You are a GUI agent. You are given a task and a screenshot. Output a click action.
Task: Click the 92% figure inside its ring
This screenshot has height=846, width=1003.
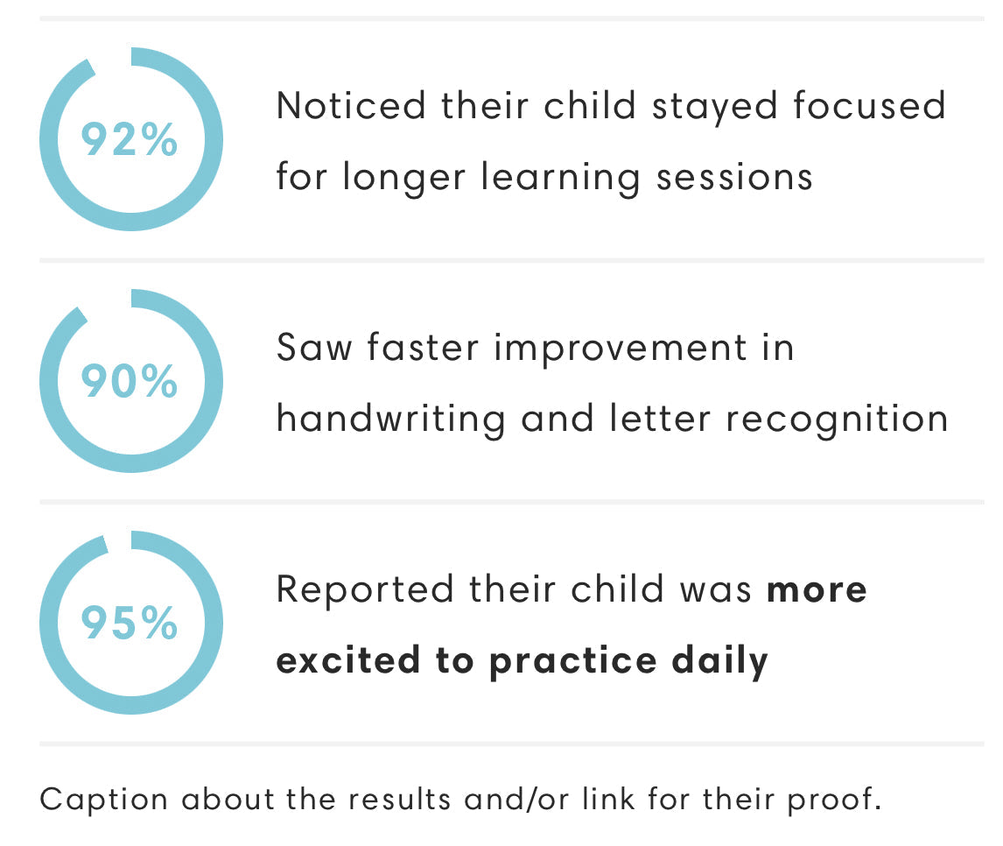tap(130, 139)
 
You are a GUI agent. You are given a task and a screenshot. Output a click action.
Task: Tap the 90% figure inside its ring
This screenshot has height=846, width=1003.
tap(130, 382)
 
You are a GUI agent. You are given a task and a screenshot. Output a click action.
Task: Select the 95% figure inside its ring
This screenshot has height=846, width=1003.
tap(130, 623)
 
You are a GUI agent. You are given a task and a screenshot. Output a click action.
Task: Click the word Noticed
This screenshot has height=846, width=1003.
tap(351, 106)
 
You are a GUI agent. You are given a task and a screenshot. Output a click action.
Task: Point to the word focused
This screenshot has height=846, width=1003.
tap(869, 105)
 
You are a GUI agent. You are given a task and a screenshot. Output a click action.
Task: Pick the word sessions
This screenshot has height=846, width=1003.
tap(734, 177)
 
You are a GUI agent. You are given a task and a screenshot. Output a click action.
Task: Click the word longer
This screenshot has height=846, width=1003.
tap(404, 178)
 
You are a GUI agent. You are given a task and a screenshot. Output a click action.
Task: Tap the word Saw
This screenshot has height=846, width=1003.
tap(314, 348)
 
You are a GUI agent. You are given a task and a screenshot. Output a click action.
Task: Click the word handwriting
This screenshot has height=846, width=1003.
tap(391, 420)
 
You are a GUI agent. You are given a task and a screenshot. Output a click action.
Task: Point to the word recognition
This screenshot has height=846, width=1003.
tap(837, 420)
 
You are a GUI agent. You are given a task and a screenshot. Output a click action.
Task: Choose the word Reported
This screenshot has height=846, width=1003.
tap(365, 590)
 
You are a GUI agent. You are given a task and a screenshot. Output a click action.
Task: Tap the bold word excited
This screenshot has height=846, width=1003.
tap(348, 660)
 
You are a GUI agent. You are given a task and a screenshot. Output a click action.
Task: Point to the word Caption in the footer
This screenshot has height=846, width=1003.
tap(103, 800)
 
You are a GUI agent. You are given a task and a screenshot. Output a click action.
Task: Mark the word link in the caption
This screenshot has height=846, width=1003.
tap(608, 799)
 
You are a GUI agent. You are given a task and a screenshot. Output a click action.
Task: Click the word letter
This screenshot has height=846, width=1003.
tap(660, 419)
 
